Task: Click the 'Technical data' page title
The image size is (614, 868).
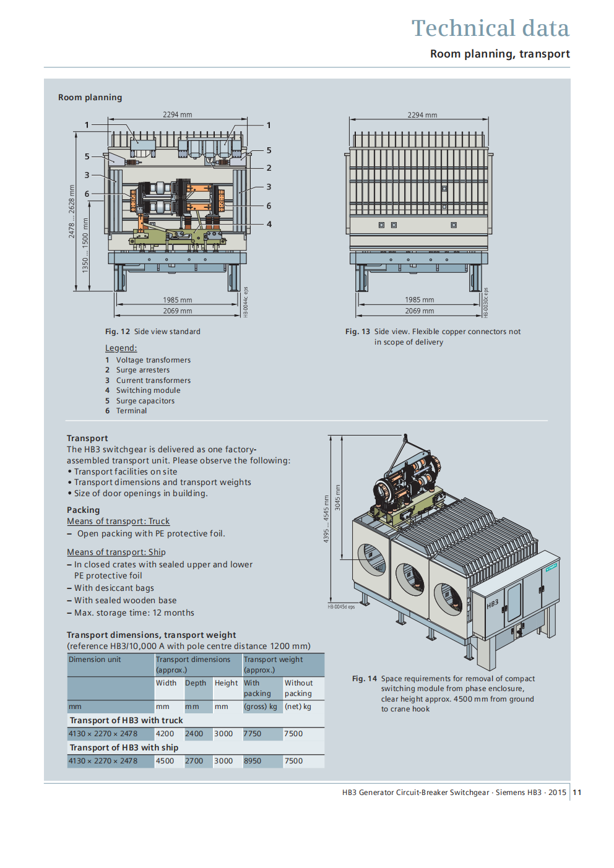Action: (490, 28)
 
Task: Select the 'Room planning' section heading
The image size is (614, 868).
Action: (90, 98)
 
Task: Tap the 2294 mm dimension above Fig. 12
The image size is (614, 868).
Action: (178, 115)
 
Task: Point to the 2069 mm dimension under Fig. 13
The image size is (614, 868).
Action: (420, 311)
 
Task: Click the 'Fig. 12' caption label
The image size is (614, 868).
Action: (118, 332)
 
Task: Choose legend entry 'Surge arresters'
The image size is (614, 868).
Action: (142, 370)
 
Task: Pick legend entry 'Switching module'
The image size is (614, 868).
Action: (148, 390)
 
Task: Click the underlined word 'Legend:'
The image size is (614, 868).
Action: (121, 348)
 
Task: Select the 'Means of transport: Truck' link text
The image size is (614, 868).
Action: (118, 522)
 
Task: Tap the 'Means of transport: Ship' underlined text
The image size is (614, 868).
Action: (116, 552)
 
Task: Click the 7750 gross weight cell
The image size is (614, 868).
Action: (253, 734)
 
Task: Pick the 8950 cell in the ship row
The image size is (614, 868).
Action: (253, 761)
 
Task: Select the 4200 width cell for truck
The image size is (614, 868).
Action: (165, 734)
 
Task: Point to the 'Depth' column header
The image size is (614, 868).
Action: (196, 683)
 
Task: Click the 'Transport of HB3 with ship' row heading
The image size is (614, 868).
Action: (124, 747)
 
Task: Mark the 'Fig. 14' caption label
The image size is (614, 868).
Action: (365, 679)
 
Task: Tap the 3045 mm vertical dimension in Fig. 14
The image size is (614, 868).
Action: (338, 497)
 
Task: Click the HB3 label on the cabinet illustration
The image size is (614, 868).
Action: (492, 604)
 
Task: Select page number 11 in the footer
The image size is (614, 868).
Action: (577, 793)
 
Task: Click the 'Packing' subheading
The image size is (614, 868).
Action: (84, 510)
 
